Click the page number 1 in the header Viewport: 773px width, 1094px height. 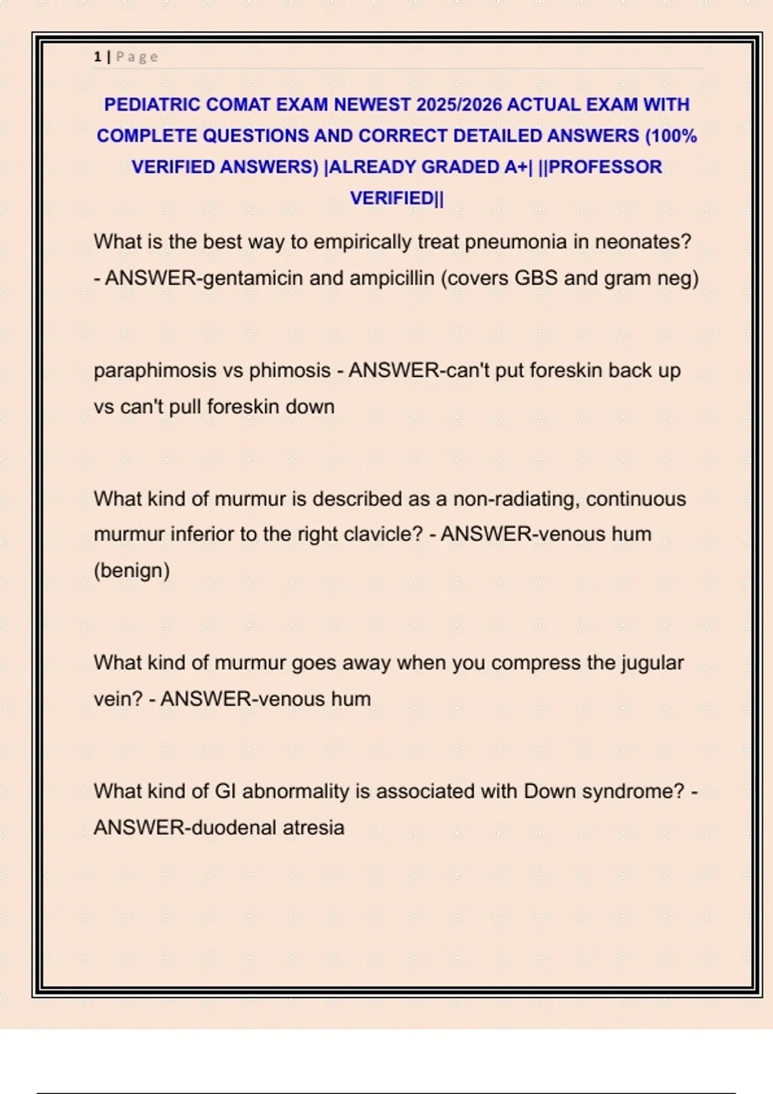(97, 57)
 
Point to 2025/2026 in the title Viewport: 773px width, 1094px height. (459, 104)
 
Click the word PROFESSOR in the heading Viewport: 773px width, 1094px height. (605, 167)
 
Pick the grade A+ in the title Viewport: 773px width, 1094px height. (515, 167)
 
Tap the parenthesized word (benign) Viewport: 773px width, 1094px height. (131, 570)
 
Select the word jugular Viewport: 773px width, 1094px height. (652, 663)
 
